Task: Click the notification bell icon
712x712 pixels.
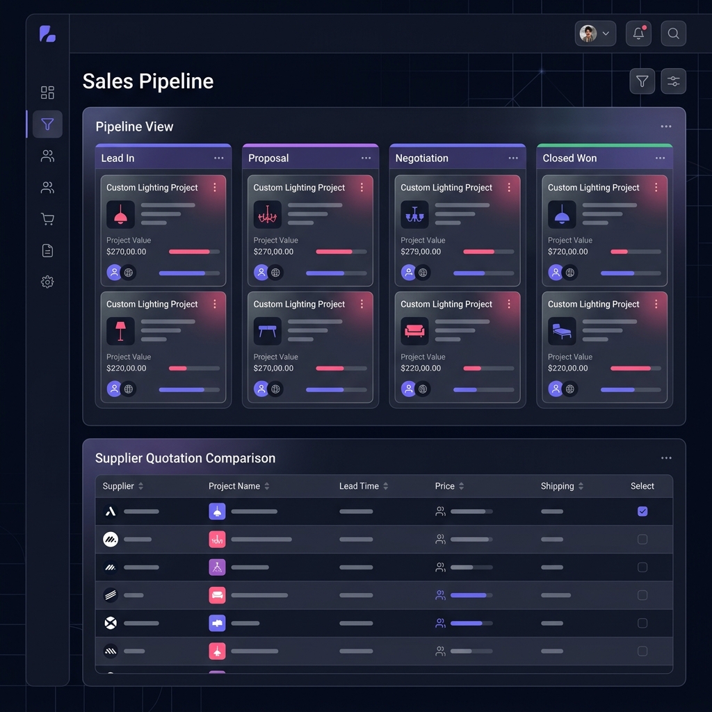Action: click(638, 33)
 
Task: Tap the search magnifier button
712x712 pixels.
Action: click(673, 33)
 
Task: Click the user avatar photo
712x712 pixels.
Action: click(588, 33)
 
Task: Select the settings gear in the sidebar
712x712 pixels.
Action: click(47, 282)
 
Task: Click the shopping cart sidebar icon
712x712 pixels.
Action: click(47, 219)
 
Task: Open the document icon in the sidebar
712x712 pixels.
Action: click(47, 250)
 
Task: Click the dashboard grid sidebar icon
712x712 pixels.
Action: click(47, 92)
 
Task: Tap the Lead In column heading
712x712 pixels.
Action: click(118, 159)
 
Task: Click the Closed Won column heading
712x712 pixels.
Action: click(569, 159)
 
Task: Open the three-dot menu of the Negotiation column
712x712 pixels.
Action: click(513, 159)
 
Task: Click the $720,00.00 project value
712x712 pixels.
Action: click(567, 252)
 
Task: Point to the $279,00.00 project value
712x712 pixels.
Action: click(421, 252)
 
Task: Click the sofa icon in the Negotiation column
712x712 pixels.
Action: click(414, 332)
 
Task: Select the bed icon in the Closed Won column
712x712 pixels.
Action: click(562, 332)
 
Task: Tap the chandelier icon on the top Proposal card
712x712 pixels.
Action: click(267, 215)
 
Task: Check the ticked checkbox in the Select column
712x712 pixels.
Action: click(642, 511)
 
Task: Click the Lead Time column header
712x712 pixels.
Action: click(359, 486)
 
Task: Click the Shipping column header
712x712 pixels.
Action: click(558, 486)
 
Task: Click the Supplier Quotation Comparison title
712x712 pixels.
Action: click(185, 458)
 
